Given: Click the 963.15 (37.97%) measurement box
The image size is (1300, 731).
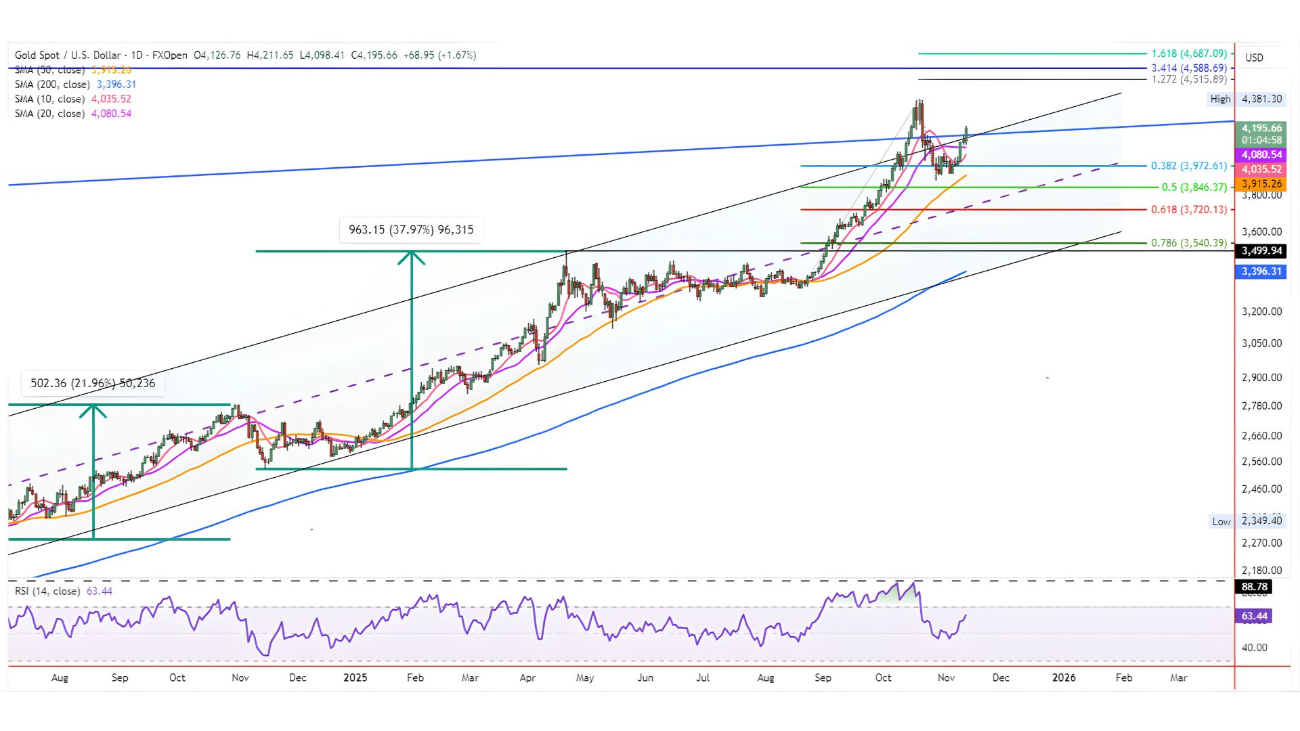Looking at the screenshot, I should pos(411,230).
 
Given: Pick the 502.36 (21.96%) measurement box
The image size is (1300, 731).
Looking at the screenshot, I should pos(93,384).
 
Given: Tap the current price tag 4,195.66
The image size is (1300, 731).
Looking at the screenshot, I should pos(1261,128).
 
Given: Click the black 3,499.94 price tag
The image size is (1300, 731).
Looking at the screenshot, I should pos(1261,251).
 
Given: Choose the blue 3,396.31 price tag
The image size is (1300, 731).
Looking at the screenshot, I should pos(1261,271).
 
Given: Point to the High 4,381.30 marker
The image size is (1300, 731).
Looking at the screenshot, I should pos(1246,99).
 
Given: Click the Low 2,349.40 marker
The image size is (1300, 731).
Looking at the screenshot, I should pos(1246,521).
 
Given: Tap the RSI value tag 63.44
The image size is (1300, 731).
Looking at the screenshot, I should pos(1254,616).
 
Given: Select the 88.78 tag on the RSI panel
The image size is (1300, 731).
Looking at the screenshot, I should pos(1254,587).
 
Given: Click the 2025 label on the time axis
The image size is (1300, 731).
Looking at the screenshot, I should pos(355,678).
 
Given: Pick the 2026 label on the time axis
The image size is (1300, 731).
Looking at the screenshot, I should pos(1064,678).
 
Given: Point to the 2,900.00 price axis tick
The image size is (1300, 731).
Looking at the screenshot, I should pos(1261,378).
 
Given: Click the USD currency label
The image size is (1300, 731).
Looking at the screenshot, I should pos(1254,58).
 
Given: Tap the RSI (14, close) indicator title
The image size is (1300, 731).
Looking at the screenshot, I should pos(47,592).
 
